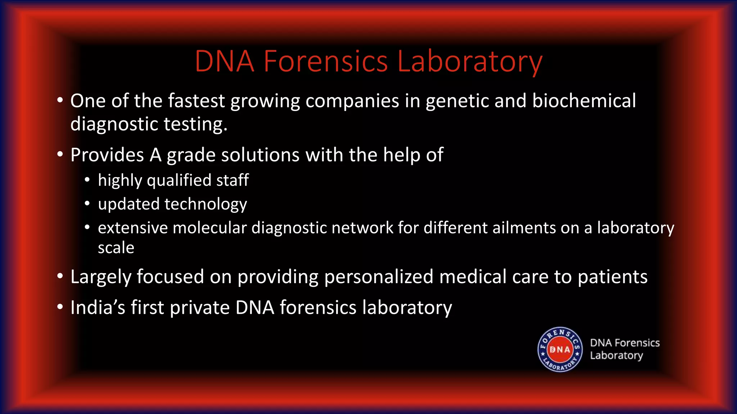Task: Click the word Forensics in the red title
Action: click(326, 61)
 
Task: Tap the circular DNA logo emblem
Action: click(560, 349)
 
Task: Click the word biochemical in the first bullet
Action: click(584, 101)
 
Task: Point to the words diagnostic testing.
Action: click(149, 124)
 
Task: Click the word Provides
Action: click(107, 155)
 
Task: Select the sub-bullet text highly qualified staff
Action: click(173, 180)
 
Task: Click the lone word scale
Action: click(116, 248)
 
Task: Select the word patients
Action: click(612, 277)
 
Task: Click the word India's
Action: click(98, 308)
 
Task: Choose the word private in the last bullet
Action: click(199, 308)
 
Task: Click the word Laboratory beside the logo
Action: click(616, 355)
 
